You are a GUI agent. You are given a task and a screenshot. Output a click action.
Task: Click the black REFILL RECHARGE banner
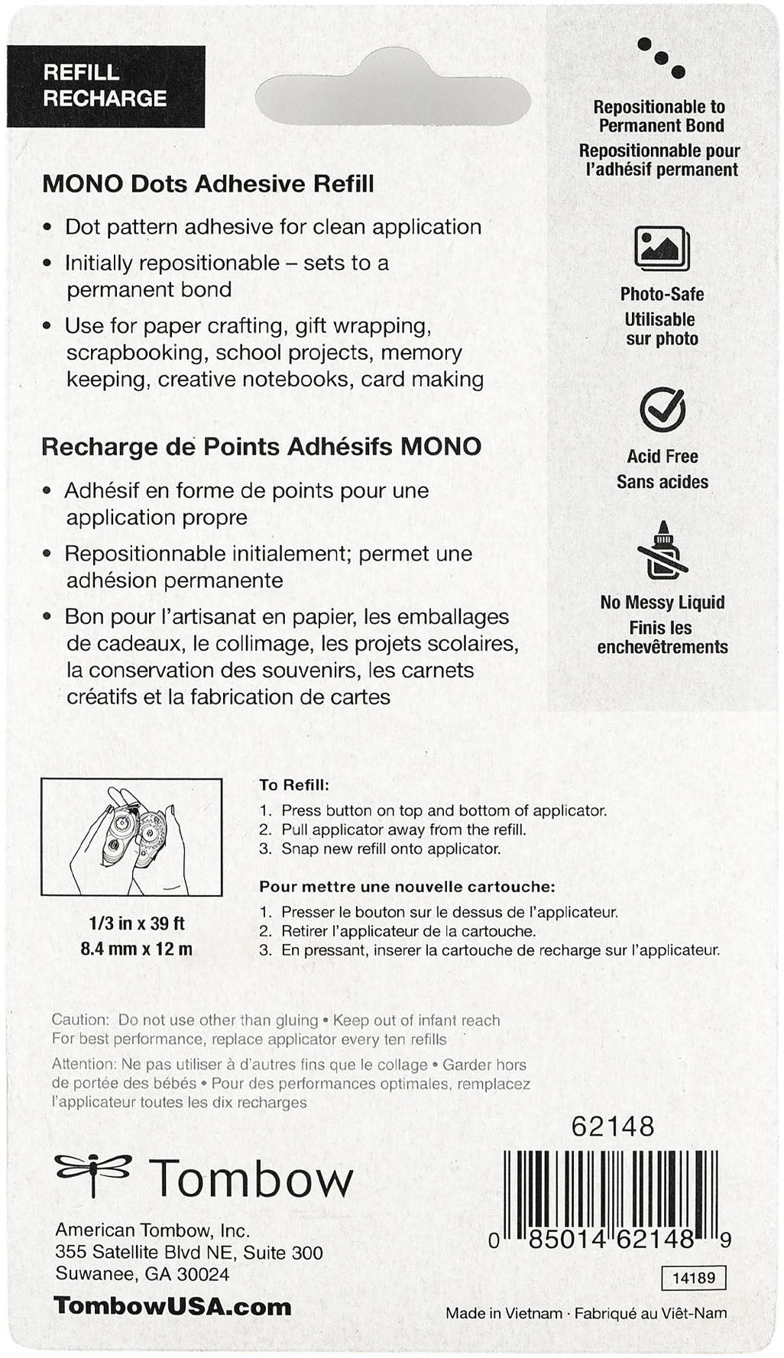click(x=105, y=86)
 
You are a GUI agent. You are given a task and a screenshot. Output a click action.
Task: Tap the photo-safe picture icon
click(x=662, y=248)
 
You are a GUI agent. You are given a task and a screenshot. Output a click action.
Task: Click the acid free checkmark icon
click(x=662, y=410)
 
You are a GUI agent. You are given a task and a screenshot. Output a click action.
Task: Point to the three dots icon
click(x=662, y=57)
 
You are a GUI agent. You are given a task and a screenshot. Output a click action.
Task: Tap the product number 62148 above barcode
click(x=613, y=1127)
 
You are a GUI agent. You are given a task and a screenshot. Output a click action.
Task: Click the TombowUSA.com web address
click(x=173, y=1306)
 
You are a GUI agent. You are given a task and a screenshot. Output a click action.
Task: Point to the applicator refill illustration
click(x=131, y=837)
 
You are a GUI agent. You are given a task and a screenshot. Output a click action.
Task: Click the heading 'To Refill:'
click(x=294, y=785)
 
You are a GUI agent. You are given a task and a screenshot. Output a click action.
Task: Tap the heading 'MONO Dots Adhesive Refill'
click(x=208, y=184)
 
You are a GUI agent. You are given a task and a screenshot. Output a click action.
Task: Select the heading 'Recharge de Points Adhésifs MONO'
click(x=261, y=447)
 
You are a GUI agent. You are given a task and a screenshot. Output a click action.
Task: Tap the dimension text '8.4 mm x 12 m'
click(x=137, y=949)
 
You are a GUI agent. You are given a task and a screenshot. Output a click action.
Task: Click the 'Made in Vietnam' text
click(x=504, y=1314)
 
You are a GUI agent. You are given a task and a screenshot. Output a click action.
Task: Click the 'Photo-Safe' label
click(x=662, y=294)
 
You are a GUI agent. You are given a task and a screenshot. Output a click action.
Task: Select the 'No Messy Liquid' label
click(x=662, y=603)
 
